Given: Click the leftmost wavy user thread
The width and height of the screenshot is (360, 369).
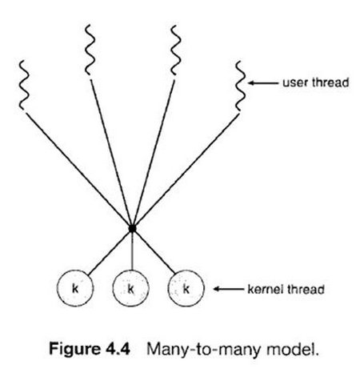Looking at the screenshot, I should [x=23, y=86].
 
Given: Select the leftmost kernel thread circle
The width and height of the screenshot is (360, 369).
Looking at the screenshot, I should [x=75, y=287].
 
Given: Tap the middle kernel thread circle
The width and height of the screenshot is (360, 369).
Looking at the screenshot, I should [x=131, y=287].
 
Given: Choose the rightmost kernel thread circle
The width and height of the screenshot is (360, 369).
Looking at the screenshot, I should [x=187, y=287].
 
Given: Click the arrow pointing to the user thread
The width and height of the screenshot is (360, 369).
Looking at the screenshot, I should [x=264, y=81].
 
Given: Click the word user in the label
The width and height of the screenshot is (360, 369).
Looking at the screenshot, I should [x=292, y=82].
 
